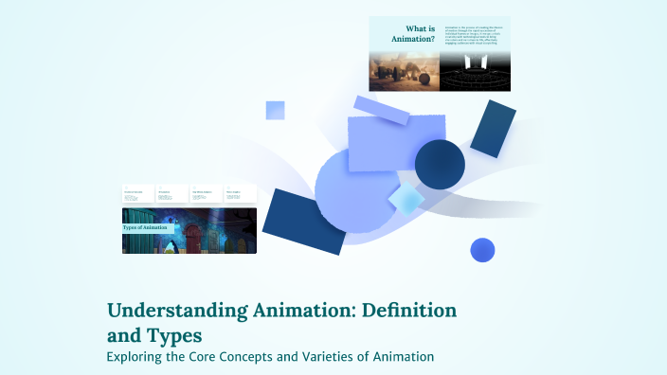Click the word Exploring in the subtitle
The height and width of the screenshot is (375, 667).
pyautogui.click(x=137, y=357)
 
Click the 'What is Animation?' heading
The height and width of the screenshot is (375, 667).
pyautogui.click(x=413, y=34)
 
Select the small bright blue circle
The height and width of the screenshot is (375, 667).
pyautogui.click(x=483, y=250)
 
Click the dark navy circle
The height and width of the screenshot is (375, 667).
pyautogui.click(x=440, y=163)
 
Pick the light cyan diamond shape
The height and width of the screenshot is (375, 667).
pyautogui.click(x=406, y=199)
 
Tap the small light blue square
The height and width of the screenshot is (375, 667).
pyautogui.click(x=276, y=110)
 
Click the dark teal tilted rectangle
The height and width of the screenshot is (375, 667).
pyautogui.click(x=493, y=129)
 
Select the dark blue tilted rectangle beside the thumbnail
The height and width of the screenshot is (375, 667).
pyautogui.click(x=304, y=221)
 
